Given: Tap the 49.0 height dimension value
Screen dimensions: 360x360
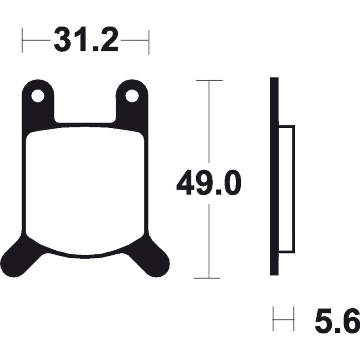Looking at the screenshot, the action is [209, 183].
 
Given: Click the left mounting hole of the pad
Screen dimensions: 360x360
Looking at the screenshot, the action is [38, 96].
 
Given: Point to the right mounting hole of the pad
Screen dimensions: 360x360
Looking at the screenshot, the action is [132, 96].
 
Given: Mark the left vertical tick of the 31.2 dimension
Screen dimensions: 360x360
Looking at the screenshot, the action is [22, 40].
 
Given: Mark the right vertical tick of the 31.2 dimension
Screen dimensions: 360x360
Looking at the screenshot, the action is [149, 42].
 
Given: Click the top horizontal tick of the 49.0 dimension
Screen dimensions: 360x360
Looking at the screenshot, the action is [209, 81].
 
